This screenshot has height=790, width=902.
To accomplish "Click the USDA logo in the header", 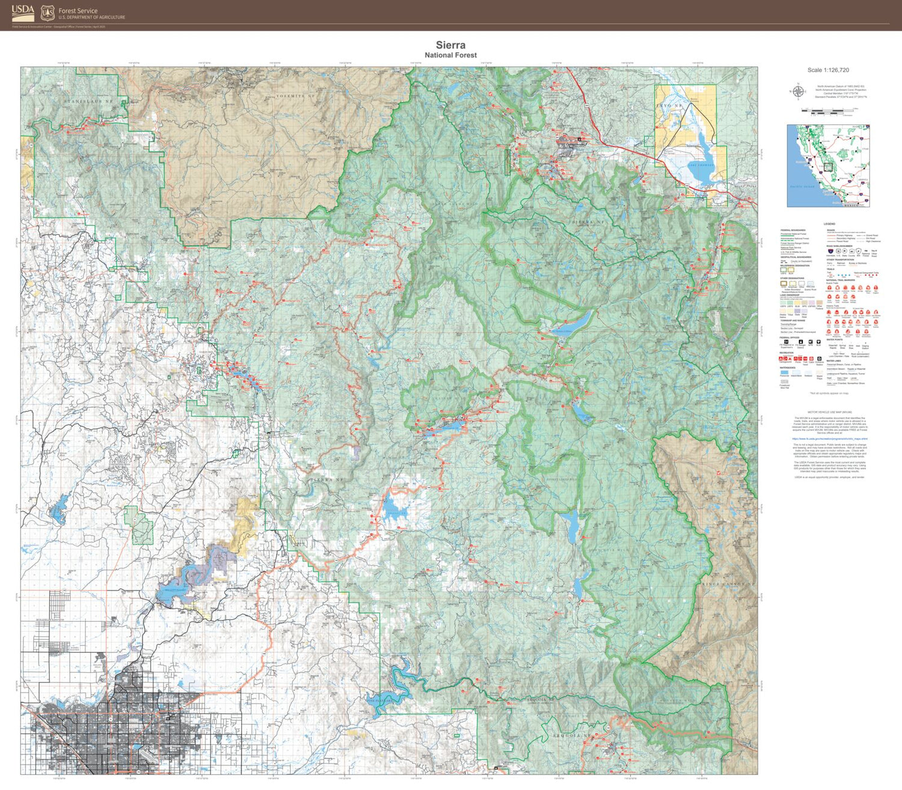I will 23,12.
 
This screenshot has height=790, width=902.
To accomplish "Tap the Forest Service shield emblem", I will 48,13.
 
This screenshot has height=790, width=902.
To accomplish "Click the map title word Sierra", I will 450,45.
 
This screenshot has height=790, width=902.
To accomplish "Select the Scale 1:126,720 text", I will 828,70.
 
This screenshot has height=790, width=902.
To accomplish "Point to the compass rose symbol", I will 798,92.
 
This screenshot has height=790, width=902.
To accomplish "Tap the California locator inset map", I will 828,166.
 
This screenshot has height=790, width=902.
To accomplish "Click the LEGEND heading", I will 829,224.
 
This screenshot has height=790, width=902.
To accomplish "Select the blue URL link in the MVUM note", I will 829,439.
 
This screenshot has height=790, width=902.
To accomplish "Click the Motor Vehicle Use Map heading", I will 829,412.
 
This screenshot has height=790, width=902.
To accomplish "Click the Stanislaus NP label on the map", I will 88,102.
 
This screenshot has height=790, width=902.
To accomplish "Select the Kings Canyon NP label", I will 728,583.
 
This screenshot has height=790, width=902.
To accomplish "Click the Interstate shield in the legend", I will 830,252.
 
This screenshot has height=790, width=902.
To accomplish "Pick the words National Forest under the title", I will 450,55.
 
